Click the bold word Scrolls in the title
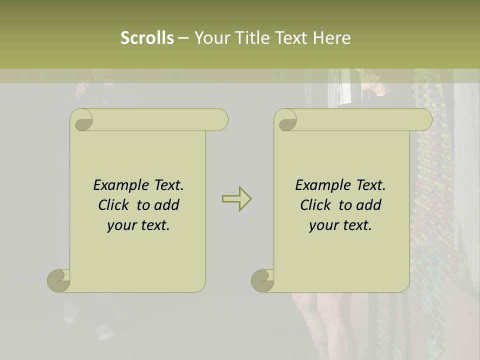[147, 38]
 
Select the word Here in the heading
[331, 38]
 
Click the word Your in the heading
[210, 38]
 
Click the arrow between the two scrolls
[236, 198]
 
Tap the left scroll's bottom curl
[59, 280]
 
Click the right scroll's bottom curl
[263, 280]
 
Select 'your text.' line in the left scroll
[138, 225]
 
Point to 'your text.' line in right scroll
[340, 225]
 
